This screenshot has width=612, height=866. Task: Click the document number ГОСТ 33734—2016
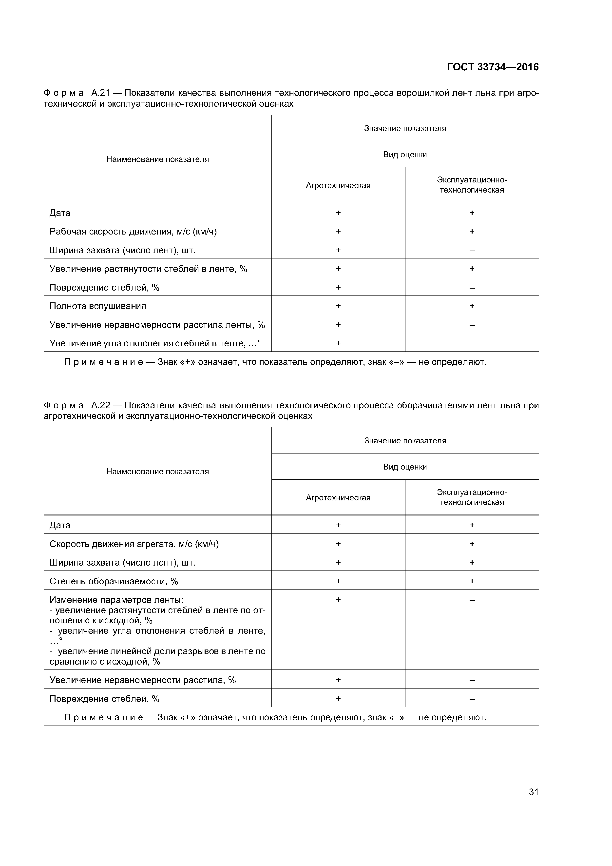coord(493,67)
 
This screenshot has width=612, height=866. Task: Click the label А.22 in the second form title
coord(100,405)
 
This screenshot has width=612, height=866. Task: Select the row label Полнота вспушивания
coord(98,306)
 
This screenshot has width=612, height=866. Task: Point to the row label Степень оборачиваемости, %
coord(114,581)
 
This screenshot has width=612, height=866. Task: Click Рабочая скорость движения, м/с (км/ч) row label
coord(133,231)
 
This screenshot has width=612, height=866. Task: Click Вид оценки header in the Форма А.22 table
coord(405,467)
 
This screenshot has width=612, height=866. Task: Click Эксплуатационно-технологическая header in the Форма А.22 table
coord(472,497)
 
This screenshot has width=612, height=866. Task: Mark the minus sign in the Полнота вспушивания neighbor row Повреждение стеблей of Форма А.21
coord(472,288)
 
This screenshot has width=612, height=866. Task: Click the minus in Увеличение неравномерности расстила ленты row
coord(472,325)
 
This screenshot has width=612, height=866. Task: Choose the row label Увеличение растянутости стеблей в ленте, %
coord(148,269)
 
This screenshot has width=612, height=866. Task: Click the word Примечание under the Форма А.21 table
coord(103,362)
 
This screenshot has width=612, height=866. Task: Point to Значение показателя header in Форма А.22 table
coord(405,441)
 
